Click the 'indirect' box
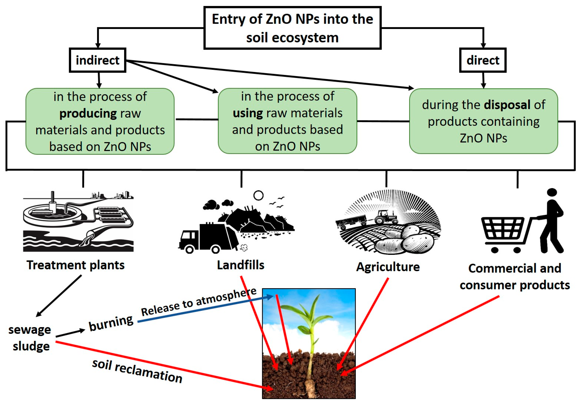coord(97,60)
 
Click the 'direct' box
coord(483,60)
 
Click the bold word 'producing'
coord(88,113)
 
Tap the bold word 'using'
coord(248,113)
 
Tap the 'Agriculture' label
coord(388,267)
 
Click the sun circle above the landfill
coord(258,195)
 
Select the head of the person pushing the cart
coord(552,192)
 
